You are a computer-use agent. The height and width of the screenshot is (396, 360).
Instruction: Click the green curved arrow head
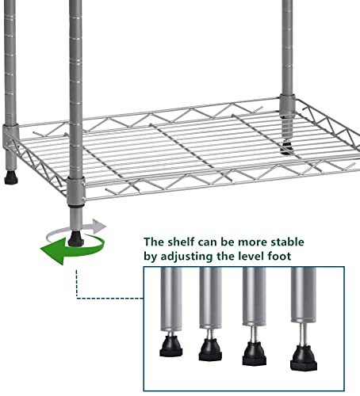(x=53, y=251)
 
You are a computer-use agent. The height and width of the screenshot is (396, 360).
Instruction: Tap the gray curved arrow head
(x=99, y=226)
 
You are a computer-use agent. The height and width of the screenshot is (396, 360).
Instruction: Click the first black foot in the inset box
(x=171, y=346)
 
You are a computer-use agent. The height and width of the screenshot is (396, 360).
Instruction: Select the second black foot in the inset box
(x=210, y=350)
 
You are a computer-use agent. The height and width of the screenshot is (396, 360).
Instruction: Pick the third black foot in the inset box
(x=255, y=354)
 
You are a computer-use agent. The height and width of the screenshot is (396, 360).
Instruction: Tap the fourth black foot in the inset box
(x=304, y=358)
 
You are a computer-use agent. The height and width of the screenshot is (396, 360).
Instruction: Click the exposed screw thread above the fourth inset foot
(x=303, y=334)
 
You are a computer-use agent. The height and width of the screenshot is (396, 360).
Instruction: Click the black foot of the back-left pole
(x=11, y=177)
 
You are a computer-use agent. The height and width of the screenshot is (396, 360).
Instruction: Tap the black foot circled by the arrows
(x=76, y=239)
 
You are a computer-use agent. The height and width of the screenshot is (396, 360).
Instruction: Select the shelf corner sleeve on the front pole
(x=76, y=192)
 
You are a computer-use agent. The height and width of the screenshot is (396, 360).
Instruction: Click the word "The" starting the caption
(x=154, y=242)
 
